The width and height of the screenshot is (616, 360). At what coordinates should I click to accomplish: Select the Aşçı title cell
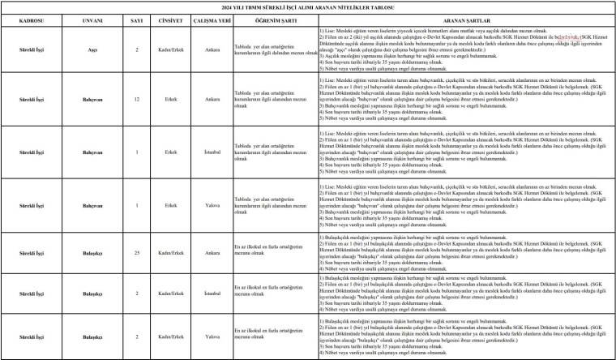(92, 49)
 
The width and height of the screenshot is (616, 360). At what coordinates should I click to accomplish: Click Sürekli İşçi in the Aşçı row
(32, 49)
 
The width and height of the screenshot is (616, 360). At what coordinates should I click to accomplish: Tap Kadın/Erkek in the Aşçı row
(170, 49)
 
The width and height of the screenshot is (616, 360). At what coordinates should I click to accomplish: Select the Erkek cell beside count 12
(170, 100)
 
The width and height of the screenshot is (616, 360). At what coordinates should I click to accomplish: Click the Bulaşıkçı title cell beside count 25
(92, 254)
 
